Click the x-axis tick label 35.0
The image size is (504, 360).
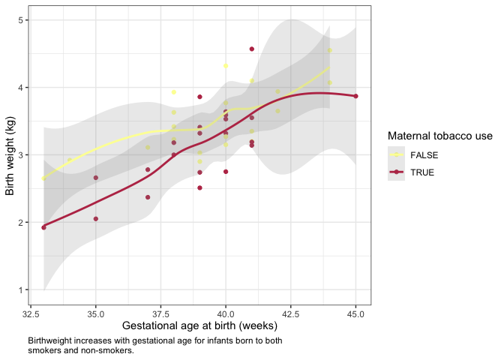coord(95,313)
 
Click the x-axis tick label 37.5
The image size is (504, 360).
coord(160,313)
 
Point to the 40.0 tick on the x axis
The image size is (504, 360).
coord(226,313)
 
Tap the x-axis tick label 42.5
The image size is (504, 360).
coord(290,313)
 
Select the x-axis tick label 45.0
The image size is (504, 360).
coord(355,313)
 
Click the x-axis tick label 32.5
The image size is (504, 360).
coord(31,313)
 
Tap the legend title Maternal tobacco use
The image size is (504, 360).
coord(439,136)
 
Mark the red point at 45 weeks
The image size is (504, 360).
coord(356,96)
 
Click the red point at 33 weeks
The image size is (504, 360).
coord(43,227)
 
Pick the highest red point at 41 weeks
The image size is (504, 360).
coord(252,49)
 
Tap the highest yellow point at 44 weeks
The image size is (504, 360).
coord(330,51)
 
